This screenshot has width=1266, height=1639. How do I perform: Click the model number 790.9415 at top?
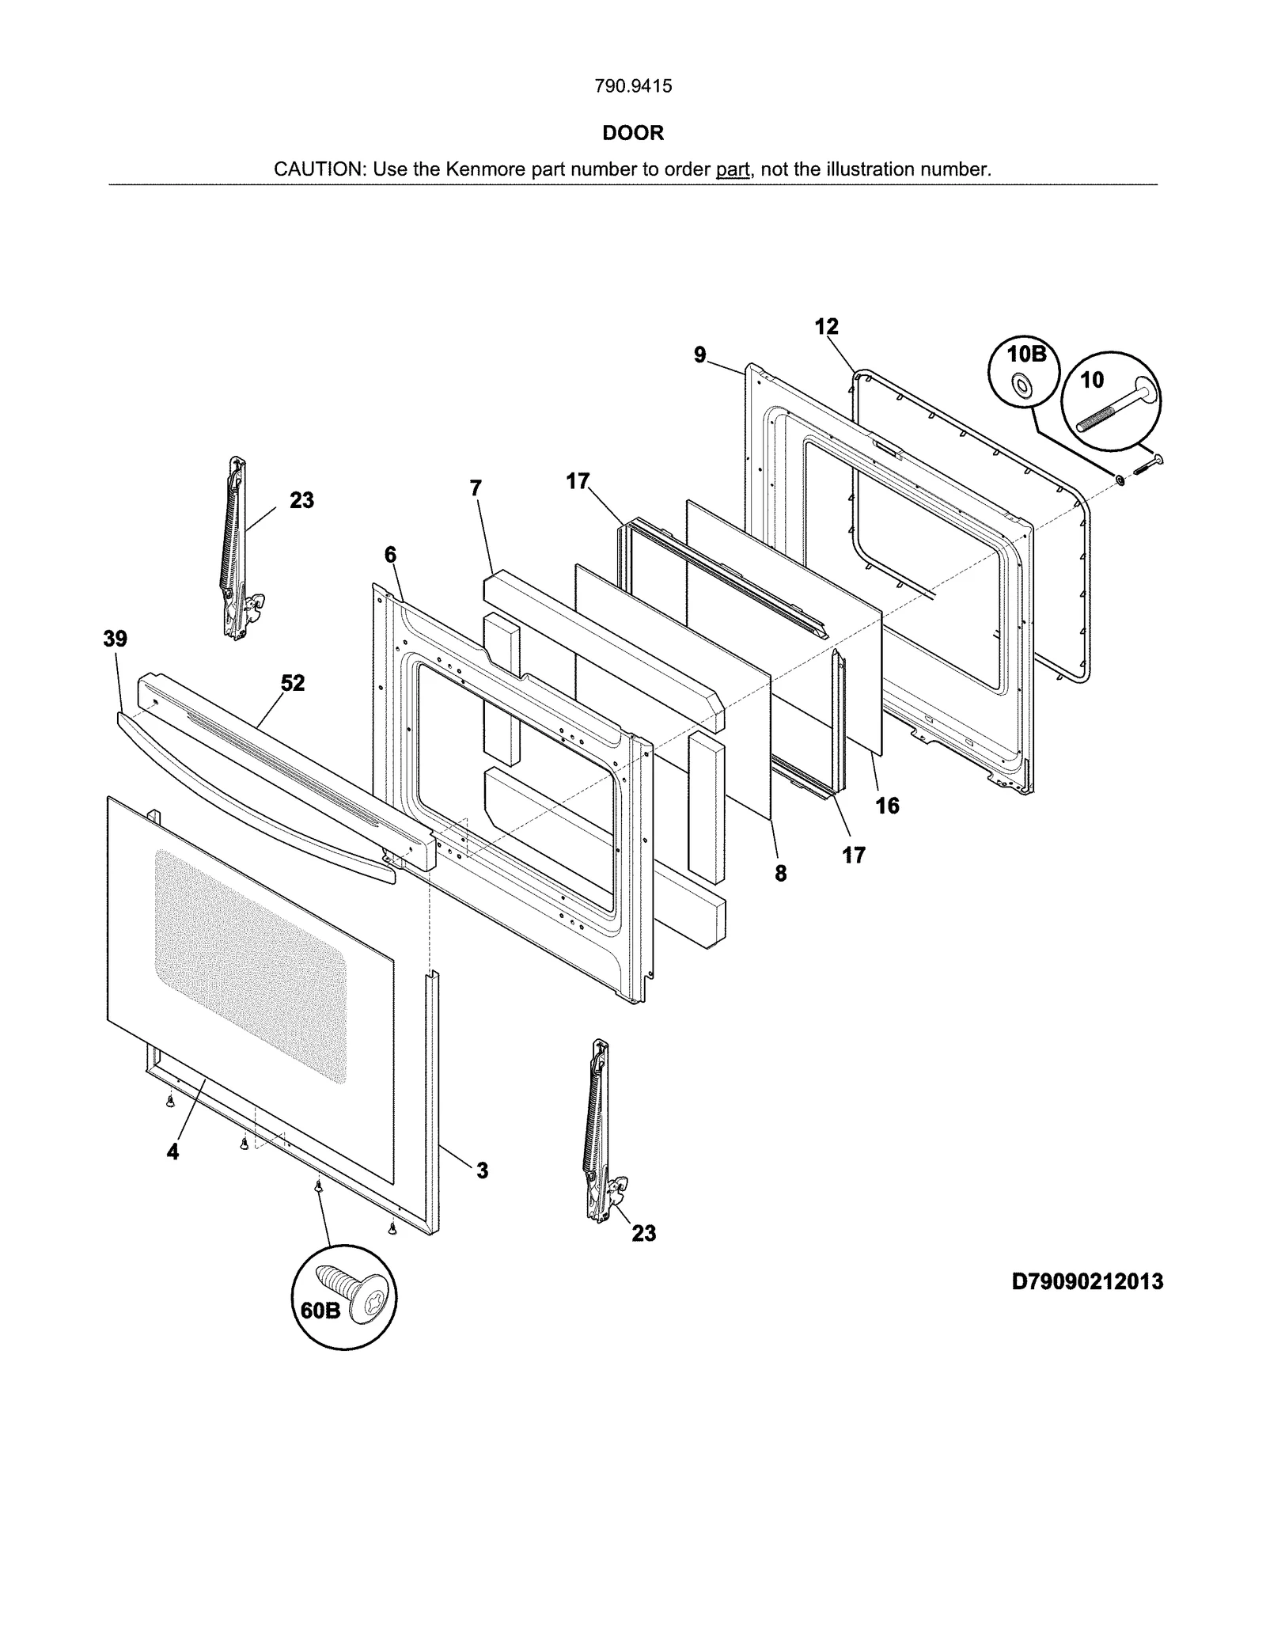(633, 86)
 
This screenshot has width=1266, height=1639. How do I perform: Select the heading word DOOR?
(633, 133)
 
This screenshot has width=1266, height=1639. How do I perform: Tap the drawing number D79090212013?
(1087, 1281)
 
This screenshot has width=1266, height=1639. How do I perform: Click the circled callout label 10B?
(1027, 355)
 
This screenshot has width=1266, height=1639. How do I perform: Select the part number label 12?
(826, 327)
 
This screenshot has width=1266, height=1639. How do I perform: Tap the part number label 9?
(700, 355)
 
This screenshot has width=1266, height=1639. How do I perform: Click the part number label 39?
(116, 639)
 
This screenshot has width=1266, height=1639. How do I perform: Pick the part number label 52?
(293, 683)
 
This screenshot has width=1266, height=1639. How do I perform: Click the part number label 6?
(390, 555)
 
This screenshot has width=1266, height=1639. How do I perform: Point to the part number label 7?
(476, 488)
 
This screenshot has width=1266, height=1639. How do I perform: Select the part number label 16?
(887, 806)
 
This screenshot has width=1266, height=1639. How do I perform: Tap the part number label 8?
(780, 873)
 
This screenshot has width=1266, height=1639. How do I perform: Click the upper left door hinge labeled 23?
(235, 546)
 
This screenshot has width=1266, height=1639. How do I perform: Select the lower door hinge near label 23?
(598, 1132)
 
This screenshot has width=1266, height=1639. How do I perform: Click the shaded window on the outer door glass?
(251, 966)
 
